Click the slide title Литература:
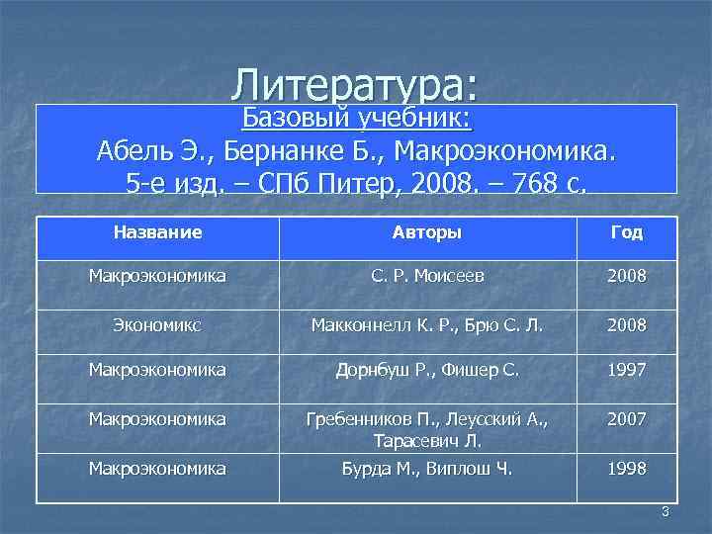(x=356, y=85)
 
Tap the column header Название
(x=158, y=233)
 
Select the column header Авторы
(x=427, y=233)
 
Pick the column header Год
(x=627, y=233)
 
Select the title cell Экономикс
(x=158, y=324)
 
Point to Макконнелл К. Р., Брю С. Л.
(x=427, y=324)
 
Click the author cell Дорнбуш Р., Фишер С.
(x=427, y=371)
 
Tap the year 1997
(x=627, y=371)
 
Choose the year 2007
(x=627, y=419)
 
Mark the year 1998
(x=627, y=467)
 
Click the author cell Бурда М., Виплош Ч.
(x=427, y=467)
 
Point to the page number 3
(x=665, y=511)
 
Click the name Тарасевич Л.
(x=427, y=440)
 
